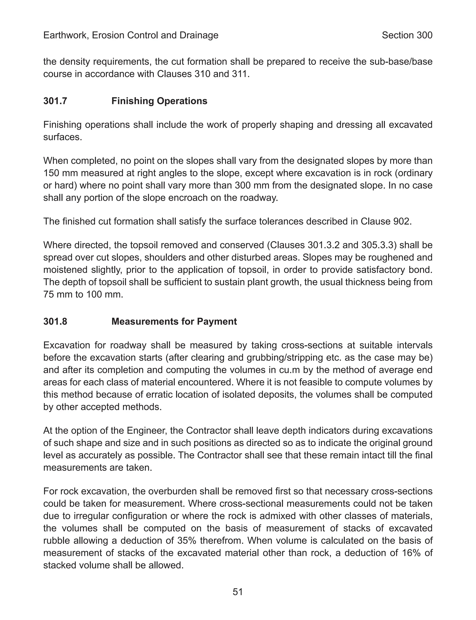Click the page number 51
[238, 592]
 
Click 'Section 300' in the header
[407, 35]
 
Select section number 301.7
[55, 101]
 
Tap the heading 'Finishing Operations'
[159, 101]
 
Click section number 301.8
[55, 321]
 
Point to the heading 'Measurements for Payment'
[174, 321]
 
